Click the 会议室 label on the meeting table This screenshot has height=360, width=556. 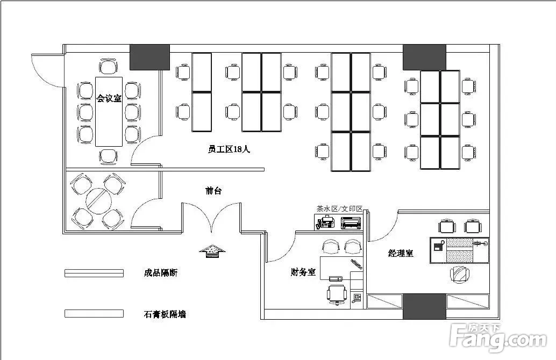pyautogui.click(x=109, y=98)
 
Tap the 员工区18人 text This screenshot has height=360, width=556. pyautogui.click(x=229, y=149)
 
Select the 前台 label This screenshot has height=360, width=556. pyautogui.click(x=213, y=191)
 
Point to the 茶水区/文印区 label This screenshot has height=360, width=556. pyautogui.click(x=340, y=208)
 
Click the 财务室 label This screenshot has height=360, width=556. pyautogui.click(x=303, y=272)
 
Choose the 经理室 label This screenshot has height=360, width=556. pyautogui.click(x=401, y=253)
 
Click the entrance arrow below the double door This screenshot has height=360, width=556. pyautogui.click(x=211, y=251)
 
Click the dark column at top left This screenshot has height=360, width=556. pyautogui.click(x=150, y=56)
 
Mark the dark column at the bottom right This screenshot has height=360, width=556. pyautogui.click(x=424, y=306)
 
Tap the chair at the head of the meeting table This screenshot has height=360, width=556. pyautogui.click(x=109, y=67)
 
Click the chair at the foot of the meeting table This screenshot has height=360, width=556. pyautogui.click(x=109, y=156)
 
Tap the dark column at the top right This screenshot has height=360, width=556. pyautogui.click(x=424, y=57)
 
